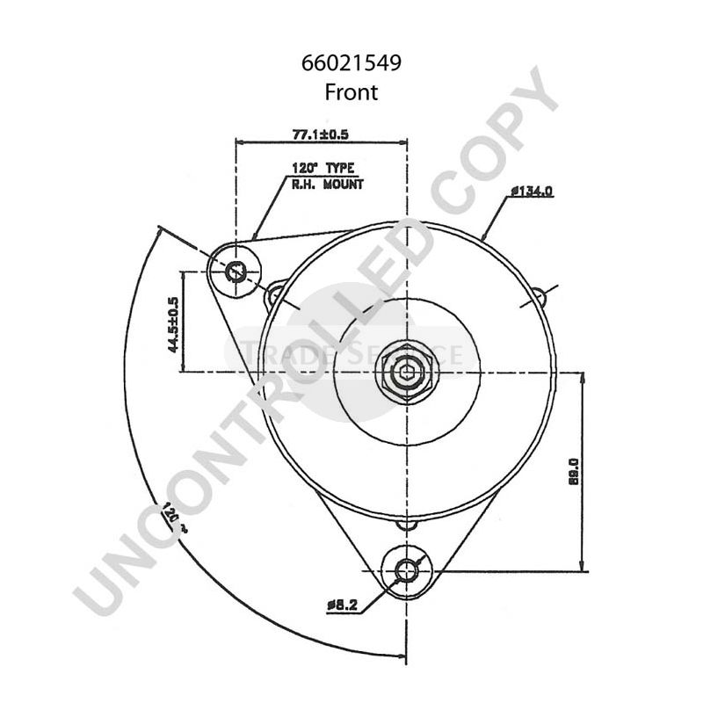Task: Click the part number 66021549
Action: pos(351,65)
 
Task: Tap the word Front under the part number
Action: pos(351,91)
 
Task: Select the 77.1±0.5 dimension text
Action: pos(321,134)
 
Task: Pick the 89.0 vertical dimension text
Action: pos(573,471)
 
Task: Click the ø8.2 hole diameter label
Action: pos(343,605)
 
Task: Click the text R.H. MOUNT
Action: pos(327,184)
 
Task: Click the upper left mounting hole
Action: pos(236,272)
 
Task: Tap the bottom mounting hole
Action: pos(408,571)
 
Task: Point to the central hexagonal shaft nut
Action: pos(408,371)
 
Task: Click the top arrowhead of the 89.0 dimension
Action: pos(583,378)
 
